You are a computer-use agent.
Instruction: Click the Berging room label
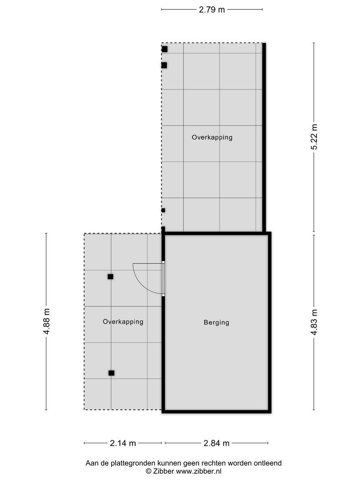(x=216, y=323)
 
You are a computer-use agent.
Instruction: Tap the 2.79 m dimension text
(x=212, y=9)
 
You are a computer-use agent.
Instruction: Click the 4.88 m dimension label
(x=46, y=321)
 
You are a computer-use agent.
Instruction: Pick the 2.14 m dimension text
(x=123, y=443)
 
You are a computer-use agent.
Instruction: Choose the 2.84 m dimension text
(x=216, y=443)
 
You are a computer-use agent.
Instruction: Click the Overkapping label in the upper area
(x=212, y=137)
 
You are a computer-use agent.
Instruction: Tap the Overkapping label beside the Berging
(x=123, y=322)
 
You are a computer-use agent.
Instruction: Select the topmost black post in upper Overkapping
(x=164, y=49)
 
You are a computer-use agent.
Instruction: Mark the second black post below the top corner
(x=164, y=65)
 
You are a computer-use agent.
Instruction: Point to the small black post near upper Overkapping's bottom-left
(x=163, y=210)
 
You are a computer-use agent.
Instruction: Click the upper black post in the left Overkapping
(x=110, y=276)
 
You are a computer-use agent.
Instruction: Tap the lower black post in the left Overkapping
(x=111, y=373)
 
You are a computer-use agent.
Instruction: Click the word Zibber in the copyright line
(x=163, y=471)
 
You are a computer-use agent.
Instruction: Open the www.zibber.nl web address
(x=199, y=471)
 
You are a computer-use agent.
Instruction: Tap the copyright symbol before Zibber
(x=148, y=471)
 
